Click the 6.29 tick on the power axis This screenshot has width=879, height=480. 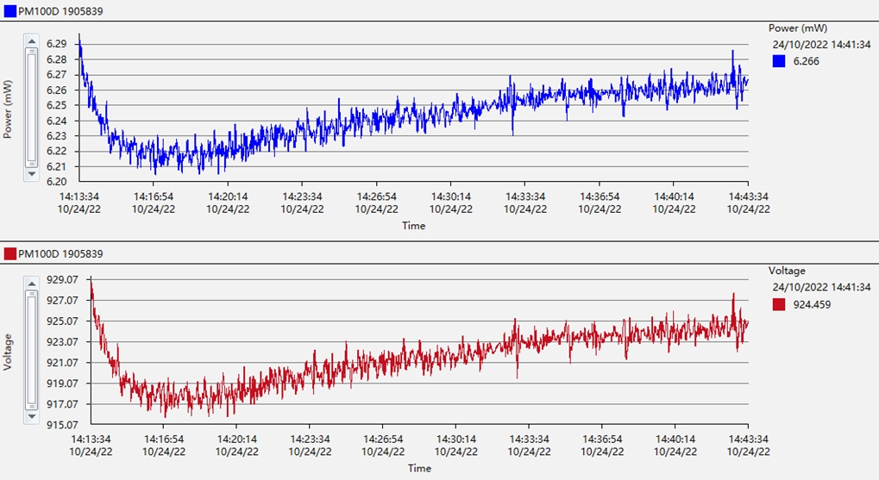(x=57, y=43)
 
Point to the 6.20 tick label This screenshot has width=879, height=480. (x=57, y=182)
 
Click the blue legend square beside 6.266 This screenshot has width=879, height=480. (x=779, y=61)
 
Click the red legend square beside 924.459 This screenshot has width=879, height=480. (x=779, y=303)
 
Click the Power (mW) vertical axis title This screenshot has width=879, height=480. (x=9, y=109)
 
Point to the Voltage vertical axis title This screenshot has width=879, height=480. (x=9, y=352)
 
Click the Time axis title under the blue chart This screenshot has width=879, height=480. (x=413, y=226)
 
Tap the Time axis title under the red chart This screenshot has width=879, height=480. (x=419, y=468)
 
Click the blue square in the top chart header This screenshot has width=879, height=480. (x=10, y=10)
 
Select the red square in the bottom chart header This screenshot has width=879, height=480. (x=10, y=253)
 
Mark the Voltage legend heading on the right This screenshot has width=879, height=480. (x=787, y=271)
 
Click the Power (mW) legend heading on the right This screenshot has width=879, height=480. (x=798, y=28)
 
